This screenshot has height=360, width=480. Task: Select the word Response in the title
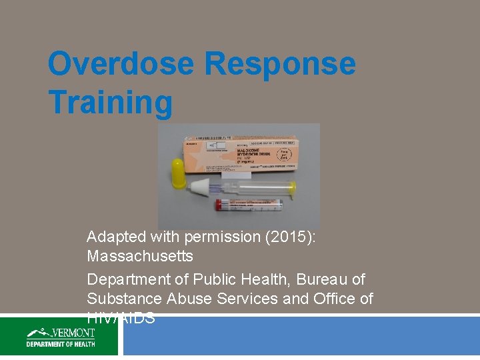pos(280,65)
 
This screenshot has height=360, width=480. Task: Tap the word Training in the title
pos(110,103)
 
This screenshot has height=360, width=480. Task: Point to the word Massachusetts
pos(140,256)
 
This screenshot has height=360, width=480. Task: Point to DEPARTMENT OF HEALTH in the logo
pos(61,344)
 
